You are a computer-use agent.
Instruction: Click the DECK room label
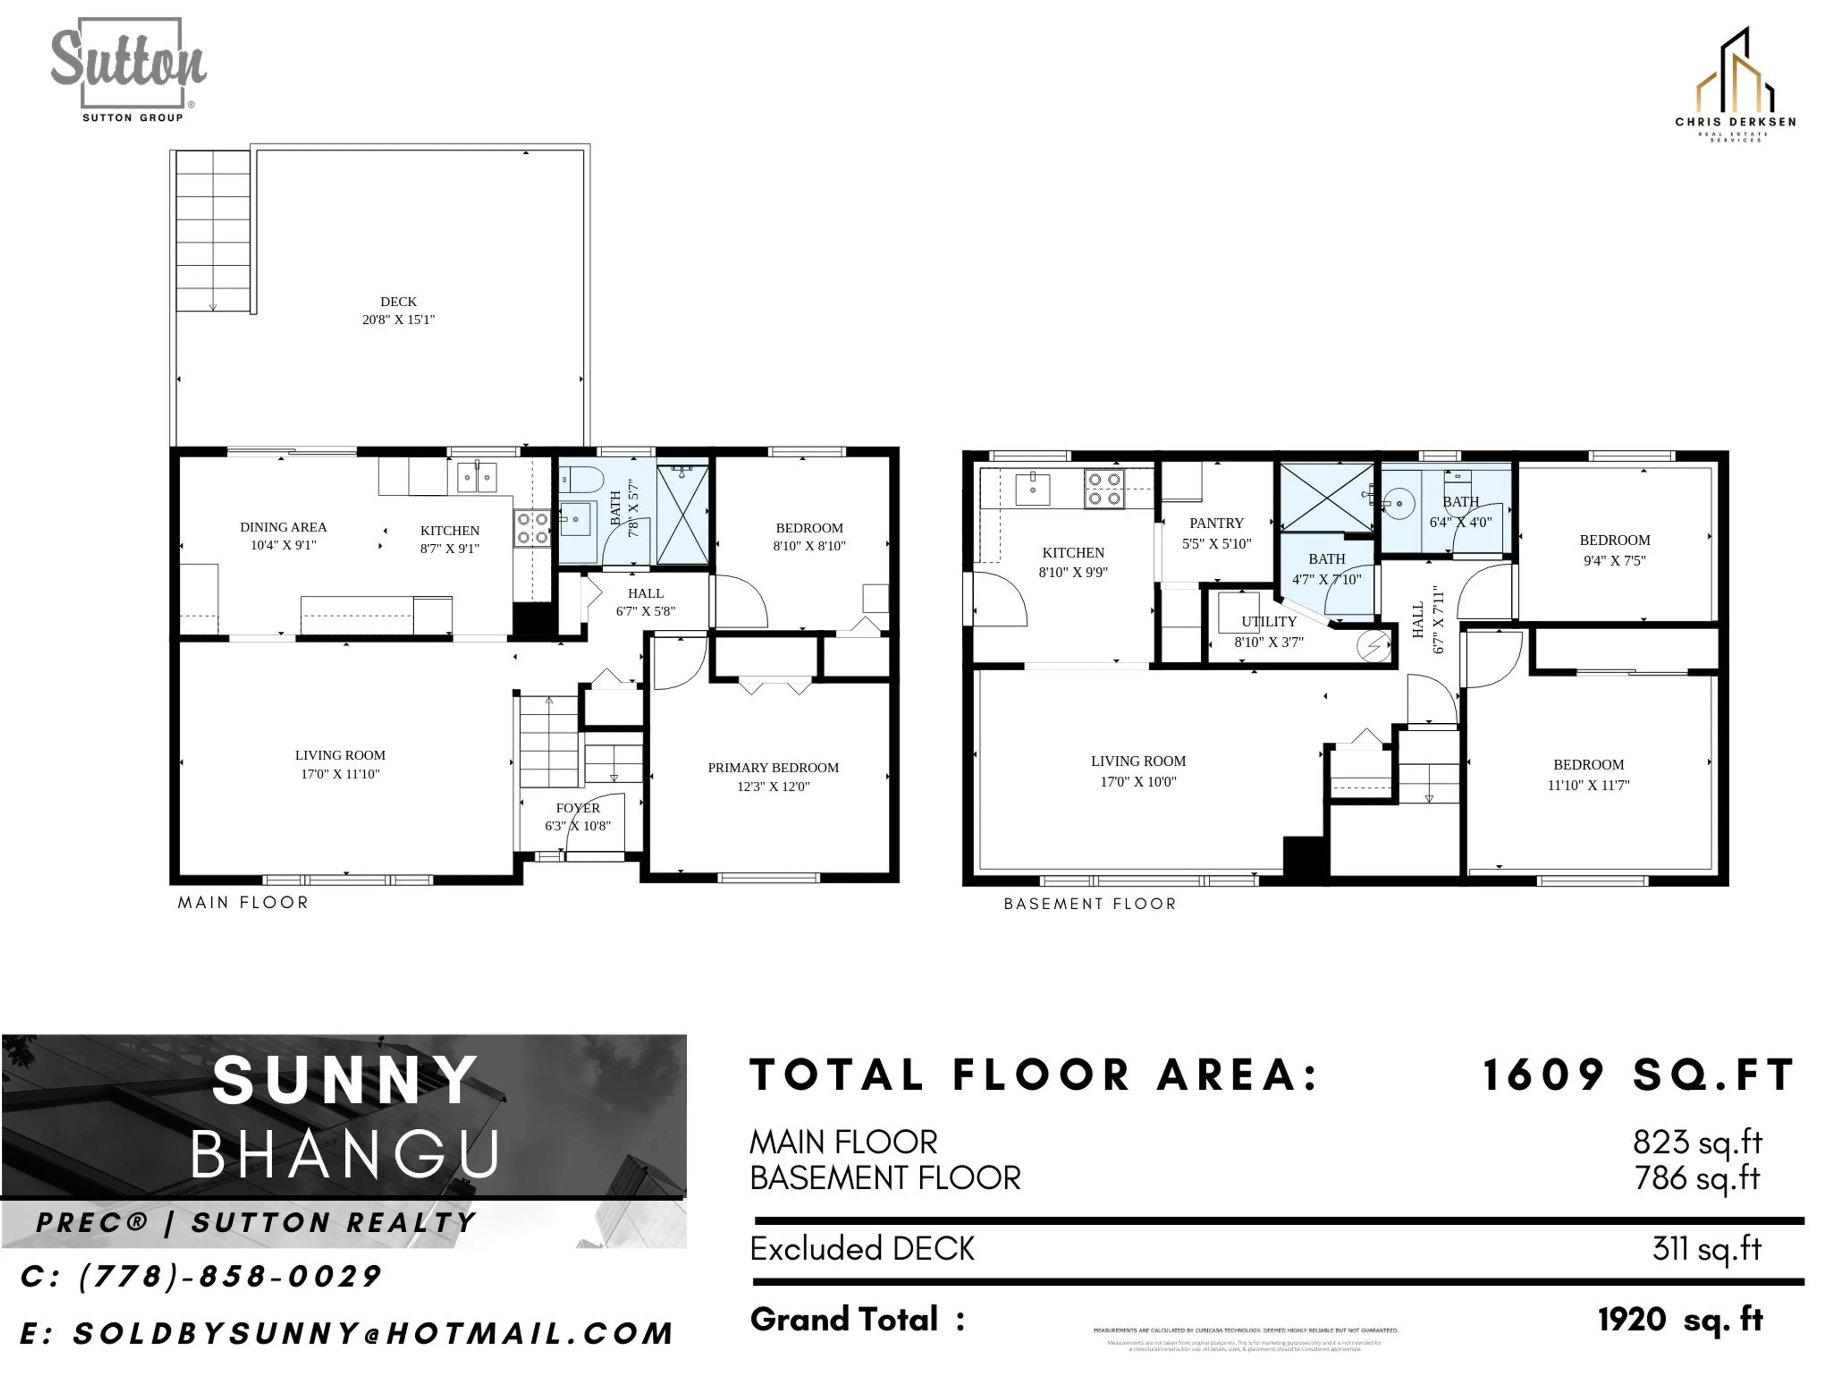[398, 302]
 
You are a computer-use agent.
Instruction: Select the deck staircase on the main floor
[213, 230]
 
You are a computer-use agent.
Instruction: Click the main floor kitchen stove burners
[532, 529]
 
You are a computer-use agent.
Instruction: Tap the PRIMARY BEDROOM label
[773, 768]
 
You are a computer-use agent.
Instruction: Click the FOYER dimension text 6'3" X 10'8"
[578, 826]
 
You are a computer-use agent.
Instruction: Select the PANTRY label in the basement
[1216, 523]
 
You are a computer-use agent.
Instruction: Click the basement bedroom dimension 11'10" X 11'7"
[1588, 785]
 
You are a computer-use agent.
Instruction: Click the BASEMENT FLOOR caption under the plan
[1090, 904]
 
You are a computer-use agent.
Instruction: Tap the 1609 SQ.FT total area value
[1637, 1075]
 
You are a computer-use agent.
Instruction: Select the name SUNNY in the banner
[345, 1081]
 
